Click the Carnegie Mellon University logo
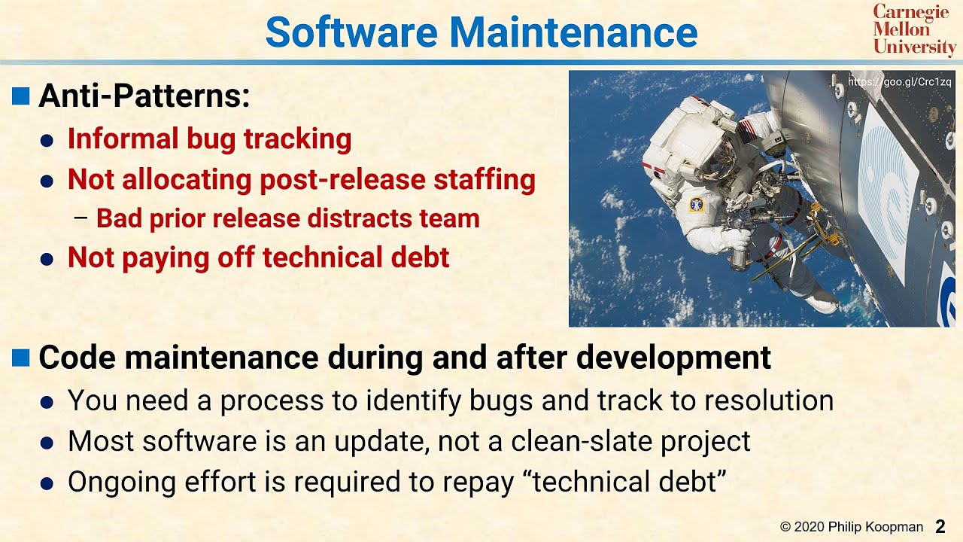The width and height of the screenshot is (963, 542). click(x=913, y=30)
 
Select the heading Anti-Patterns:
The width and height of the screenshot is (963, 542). click(x=144, y=96)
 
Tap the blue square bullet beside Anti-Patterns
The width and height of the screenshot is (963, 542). click(x=21, y=96)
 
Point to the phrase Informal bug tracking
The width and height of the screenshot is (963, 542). click(x=209, y=139)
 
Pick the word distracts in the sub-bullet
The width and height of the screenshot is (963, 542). click(x=344, y=218)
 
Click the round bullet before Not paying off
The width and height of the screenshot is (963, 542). click(x=47, y=259)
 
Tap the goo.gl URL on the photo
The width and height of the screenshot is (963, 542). click(x=899, y=81)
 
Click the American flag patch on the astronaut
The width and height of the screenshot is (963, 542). click(x=749, y=132)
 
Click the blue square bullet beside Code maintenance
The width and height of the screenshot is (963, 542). click(x=21, y=358)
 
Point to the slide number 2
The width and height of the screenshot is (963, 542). click(x=940, y=526)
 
